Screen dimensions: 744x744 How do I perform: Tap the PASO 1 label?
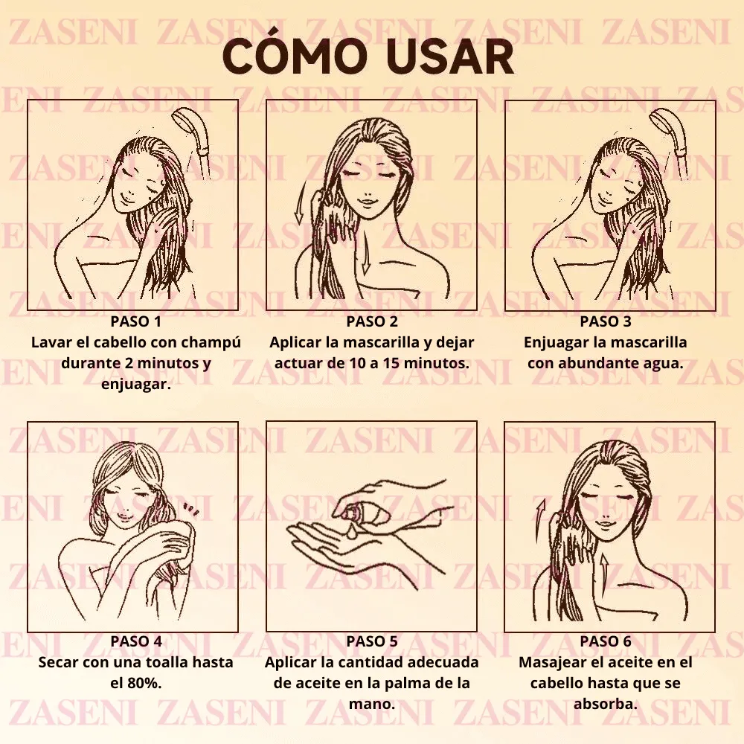pyautogui.click(x=135, y=322)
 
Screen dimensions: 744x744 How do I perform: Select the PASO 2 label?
pyautogui.click(x=372, y=322)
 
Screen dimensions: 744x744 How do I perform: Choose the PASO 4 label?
pyautogui.click(x=135, y=641)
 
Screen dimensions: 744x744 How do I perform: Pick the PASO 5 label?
pyautogui.click(x=372, y=641)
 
